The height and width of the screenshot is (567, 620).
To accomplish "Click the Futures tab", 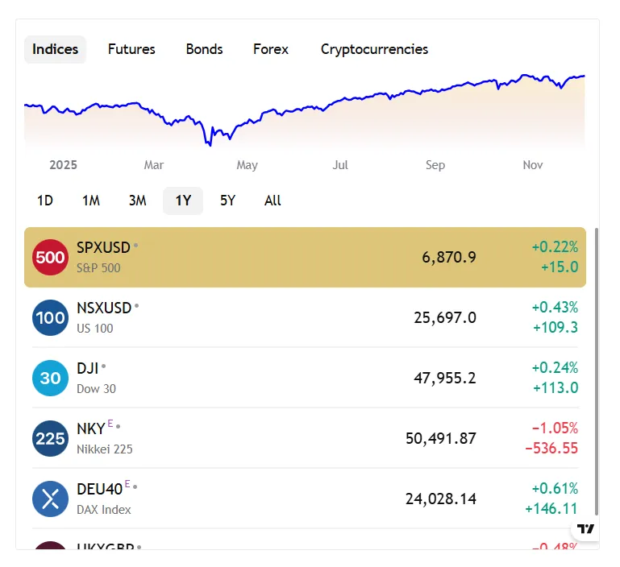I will coord(131,49).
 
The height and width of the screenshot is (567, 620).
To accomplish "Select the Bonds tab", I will coord(204,49).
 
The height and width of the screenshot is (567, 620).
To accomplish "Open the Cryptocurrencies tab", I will coord(374,49).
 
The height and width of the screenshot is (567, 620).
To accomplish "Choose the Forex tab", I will coord(270,49).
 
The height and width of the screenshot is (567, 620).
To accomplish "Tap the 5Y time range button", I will coord(227,201).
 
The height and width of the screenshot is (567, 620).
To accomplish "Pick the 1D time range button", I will coord(45,201).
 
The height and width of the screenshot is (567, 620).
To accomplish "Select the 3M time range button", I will coord(137,201).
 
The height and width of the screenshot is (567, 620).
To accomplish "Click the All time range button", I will coord(273,201).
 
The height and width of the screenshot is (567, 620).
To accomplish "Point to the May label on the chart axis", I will coord(247,165).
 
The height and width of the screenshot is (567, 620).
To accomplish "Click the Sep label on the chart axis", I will coord(435,165).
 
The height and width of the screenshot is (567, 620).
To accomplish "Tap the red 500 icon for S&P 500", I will coord(50,258).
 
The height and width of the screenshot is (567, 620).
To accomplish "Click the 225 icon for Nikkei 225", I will coord(50,439).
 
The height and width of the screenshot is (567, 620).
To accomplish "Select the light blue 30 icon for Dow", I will coord(50,379).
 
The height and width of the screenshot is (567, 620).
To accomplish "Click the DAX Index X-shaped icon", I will coord(50,499).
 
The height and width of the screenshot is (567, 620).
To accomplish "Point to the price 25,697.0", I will coord(445,318).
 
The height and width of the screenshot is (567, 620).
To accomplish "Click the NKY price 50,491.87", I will coord(441,439).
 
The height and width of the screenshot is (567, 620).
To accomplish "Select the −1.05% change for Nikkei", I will coord(555,428).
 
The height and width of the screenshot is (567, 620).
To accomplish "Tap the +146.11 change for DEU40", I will coord(551,509).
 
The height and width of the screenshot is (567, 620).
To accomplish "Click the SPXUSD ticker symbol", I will coord(104,247).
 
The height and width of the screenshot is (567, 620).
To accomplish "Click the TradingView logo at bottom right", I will coord(587,528).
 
